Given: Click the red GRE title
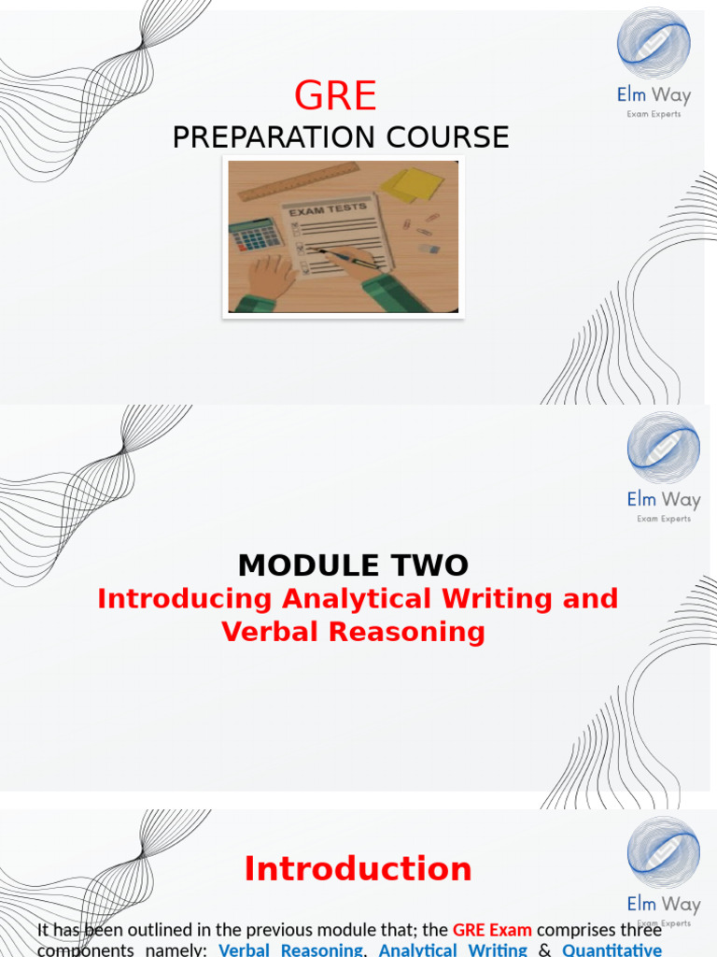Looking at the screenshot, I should point(336,96).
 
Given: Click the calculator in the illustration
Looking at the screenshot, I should point(254,236).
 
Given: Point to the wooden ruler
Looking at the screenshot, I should point(298,181).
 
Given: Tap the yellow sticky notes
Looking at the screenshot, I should point(412,183).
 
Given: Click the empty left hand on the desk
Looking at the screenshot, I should point(271,277).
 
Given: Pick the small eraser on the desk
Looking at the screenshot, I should point(429,249).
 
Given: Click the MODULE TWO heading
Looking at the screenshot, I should point(353,565).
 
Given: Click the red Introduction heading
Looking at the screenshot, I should point(358,869).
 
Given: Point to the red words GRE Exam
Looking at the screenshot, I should point(492,930).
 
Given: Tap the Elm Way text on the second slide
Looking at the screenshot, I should point(663,500).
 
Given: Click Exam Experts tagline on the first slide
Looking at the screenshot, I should point(654,115).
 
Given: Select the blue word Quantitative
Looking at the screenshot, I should point(612,950).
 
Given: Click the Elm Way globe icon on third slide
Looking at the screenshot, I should point(663,852).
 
